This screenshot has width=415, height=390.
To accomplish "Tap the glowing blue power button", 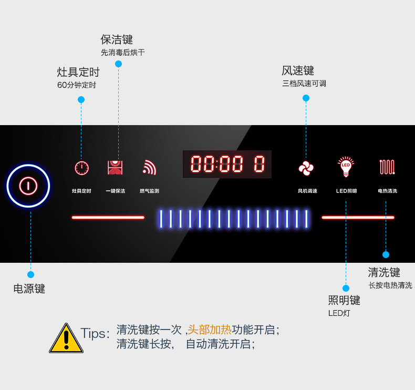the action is tap(28, 186).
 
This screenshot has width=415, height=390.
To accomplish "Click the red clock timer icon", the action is tap(81, 168).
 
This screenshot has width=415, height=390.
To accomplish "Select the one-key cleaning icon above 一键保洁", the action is tap(115, 168).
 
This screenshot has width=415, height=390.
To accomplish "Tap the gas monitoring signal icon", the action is tap(149, 167).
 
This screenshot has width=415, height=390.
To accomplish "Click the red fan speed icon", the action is tap(306, 168).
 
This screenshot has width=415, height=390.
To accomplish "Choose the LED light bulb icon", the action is tap(346, 167).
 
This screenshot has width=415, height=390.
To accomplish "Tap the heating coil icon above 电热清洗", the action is tap(387, 167).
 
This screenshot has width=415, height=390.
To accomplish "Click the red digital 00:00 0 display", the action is tap(227, 164).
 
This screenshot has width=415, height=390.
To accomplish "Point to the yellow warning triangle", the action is tap(66, 338).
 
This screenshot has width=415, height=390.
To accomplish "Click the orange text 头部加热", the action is tap(210, 330).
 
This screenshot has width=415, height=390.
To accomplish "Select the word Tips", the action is tap(92, 333).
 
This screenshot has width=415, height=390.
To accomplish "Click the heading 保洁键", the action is tap(117, 40).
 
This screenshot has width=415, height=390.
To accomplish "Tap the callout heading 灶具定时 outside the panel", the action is tap(78, 72).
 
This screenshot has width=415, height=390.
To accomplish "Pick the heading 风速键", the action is tap(298, 70).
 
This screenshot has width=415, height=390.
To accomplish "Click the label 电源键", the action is tap(29, 289).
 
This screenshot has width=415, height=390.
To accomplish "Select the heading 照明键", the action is tap(344, 300).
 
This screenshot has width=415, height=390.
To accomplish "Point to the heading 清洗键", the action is tap(384, 272).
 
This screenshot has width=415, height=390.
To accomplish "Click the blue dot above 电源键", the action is tap(30, 274).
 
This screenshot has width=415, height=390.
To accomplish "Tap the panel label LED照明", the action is tap(347, 191).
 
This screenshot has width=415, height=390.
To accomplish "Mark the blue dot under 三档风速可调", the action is tap(306, 98).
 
